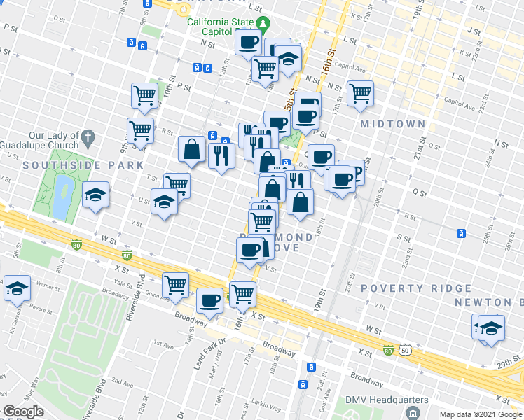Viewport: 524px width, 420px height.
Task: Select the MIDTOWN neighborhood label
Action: [392, 124]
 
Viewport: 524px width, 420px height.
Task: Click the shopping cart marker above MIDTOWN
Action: [360, 92]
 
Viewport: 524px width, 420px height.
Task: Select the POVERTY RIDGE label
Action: [416, 288]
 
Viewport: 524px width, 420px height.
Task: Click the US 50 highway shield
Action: [405, 349]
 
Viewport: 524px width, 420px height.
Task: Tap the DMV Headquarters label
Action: [386, 400]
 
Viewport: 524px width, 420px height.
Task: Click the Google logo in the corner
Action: [23, 412]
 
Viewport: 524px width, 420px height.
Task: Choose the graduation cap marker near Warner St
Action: [16, 288]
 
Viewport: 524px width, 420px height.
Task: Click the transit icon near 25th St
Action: [461, 233]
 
